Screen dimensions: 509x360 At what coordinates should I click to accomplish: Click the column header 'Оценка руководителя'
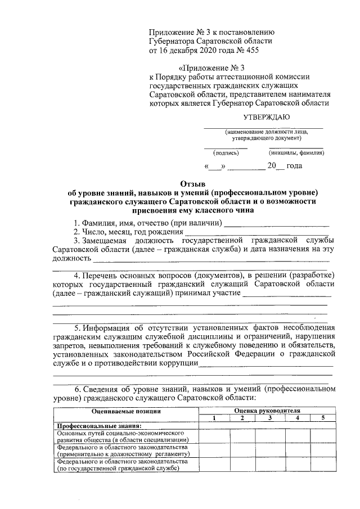tap(267, 411)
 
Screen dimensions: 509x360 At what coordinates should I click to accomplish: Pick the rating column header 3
tap(269, 418)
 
